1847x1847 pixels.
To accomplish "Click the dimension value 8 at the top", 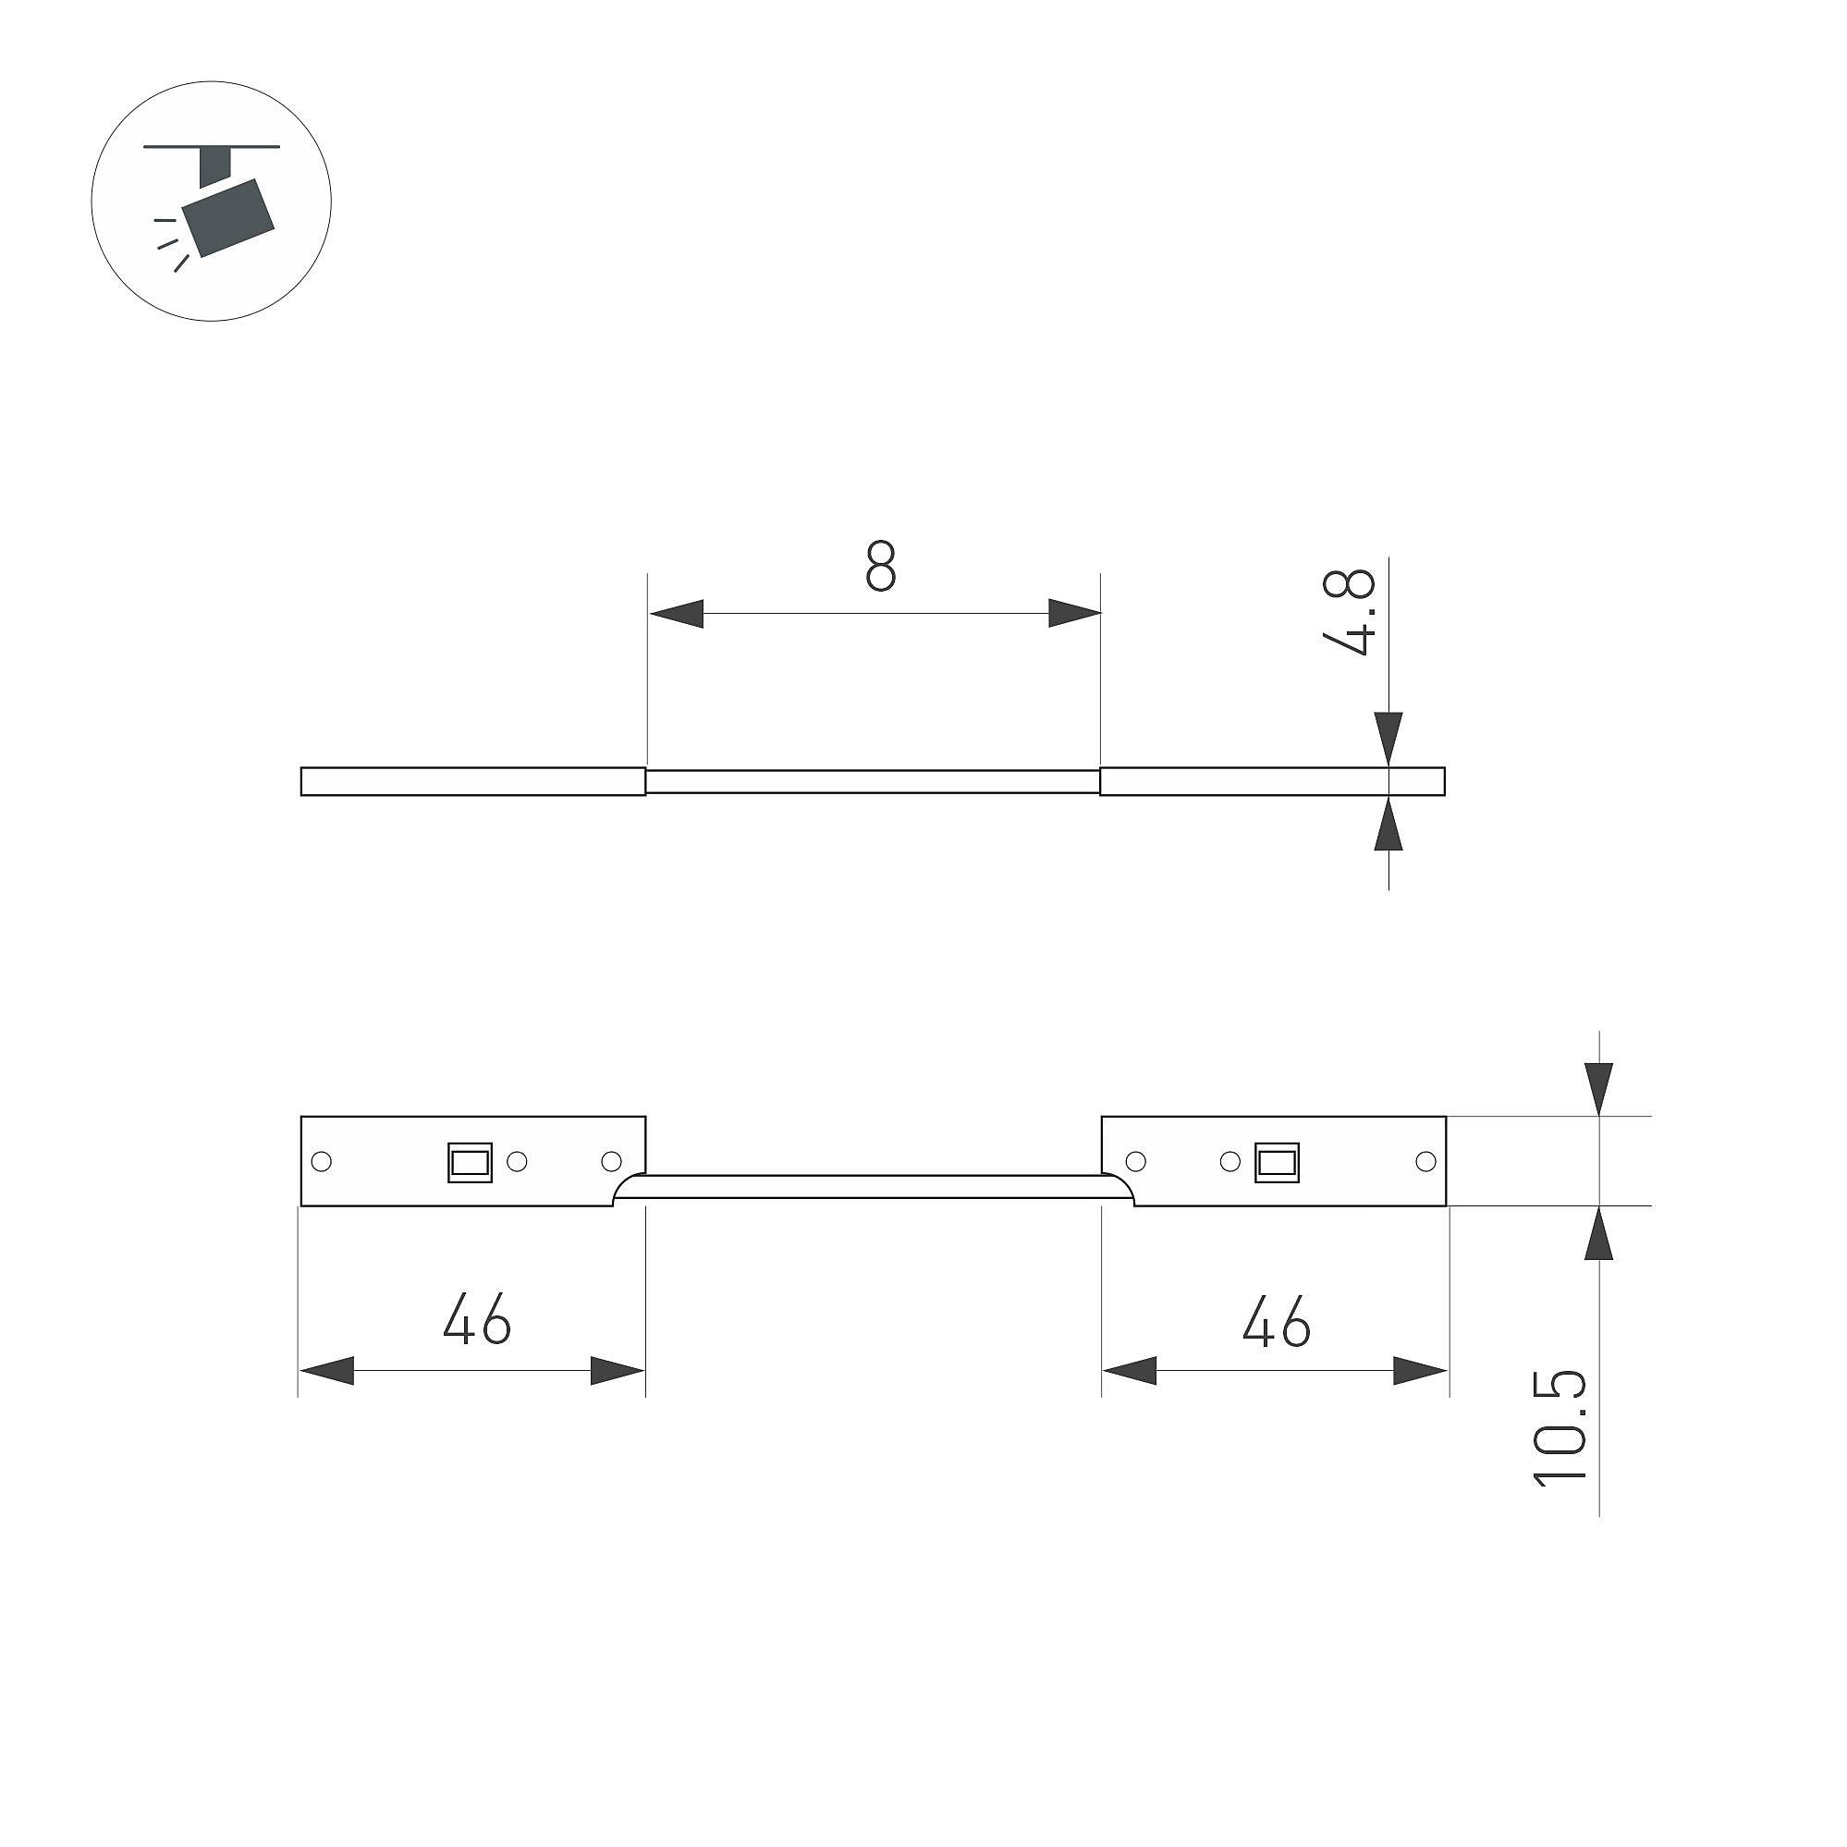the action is click(880, 566).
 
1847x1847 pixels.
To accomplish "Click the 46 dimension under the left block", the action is click(477, 1319).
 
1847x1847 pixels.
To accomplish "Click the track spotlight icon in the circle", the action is click(212, 201).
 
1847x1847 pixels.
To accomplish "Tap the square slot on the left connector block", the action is click(470, 1163).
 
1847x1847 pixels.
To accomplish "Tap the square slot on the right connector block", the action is click(1278, 1163).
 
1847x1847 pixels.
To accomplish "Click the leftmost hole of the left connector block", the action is click(323, 1162).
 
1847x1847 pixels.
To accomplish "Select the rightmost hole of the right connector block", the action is click(1425, 1162).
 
